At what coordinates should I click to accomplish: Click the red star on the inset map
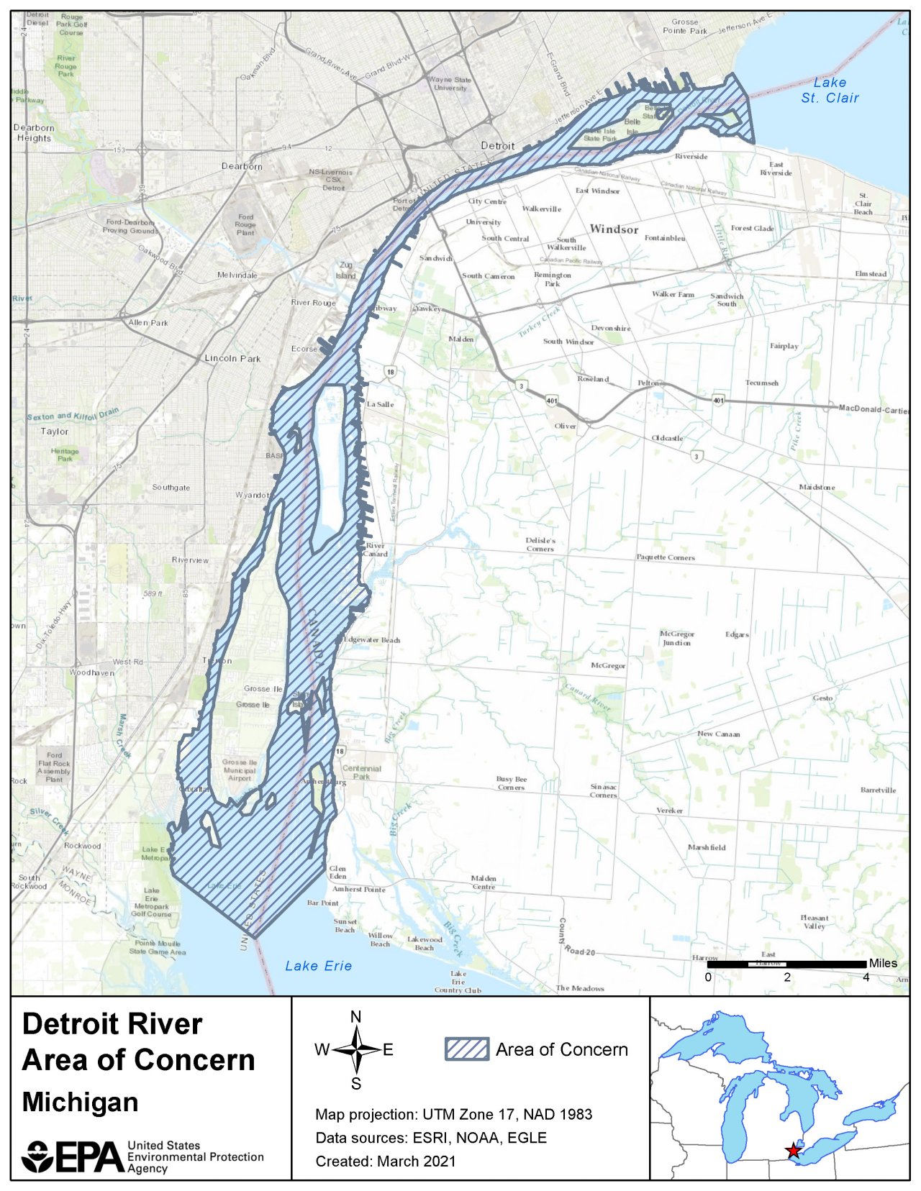tap(793, 1150)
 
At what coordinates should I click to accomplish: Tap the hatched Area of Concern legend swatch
tap(466, 1049)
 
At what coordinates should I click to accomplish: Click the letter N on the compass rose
tap(355, 1016)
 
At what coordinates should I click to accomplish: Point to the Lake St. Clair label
tap(830, 91)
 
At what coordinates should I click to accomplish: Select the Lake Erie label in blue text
tap(318, 966)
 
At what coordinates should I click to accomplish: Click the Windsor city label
tap(614, 229)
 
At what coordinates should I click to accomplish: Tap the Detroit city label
tap(497, 146)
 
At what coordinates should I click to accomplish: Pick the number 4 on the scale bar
tap(866, 977)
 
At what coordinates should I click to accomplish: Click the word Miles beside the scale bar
tap(883, 963)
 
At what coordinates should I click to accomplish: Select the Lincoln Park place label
tap(232, 358)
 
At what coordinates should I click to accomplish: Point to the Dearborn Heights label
tap(34, 133)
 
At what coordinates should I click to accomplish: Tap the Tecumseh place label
tap(762, 383)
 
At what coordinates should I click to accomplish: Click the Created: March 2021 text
tap(385, 1161)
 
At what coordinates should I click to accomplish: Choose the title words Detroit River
tap(112, 1024)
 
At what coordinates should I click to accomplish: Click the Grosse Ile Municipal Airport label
tap(240, 770)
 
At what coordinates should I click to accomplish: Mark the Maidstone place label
tap(817, 487)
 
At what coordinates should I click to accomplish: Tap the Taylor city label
tap(55, 432)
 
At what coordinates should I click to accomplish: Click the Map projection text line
tap(453, 1114)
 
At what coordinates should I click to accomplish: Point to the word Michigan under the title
tap(80, 1102)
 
